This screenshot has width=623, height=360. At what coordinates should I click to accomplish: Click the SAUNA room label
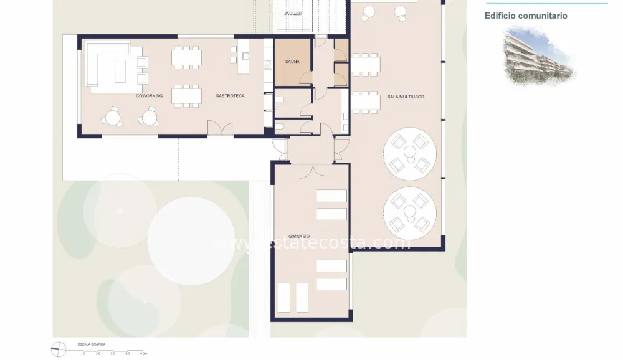point(292,62)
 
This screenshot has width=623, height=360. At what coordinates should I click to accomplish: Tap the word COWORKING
point(150,96)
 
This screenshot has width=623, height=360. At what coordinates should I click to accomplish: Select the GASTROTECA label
point(230,96)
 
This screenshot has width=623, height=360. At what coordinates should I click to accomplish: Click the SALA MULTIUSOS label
point(406,97)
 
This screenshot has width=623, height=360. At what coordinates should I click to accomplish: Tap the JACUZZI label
point(293,13)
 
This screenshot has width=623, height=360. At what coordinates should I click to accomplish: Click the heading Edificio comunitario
point(526,16)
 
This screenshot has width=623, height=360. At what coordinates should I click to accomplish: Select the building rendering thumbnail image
point(539,55)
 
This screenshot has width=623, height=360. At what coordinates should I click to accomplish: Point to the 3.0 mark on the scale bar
point(113,353)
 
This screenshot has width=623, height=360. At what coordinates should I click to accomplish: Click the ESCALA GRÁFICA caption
point(91,344)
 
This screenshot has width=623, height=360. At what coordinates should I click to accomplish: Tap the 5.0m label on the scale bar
point(143,353)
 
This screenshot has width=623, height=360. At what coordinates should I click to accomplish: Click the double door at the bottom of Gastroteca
point(220,128)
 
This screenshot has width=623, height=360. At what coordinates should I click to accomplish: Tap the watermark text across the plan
point(311,242)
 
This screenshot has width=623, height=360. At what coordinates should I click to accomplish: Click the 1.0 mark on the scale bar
point(83,353)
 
